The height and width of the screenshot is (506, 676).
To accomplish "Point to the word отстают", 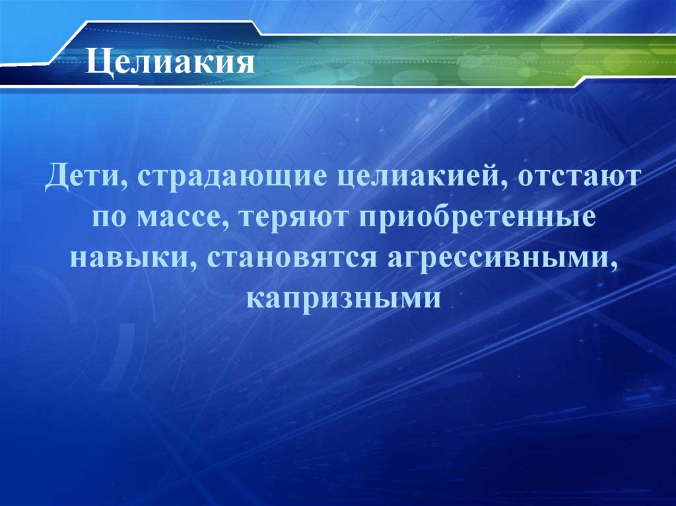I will coord(574,180).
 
